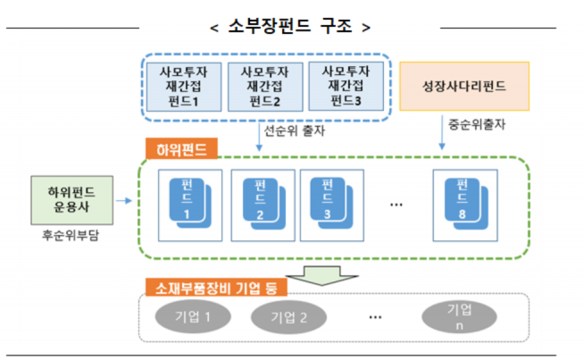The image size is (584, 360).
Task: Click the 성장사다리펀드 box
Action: pyautogui.click(x=464, y=87)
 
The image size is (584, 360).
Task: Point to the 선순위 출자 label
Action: pyautogui.click(x=296, y=130)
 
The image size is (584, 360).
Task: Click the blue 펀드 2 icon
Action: pyautogui.click(x=262, y=202)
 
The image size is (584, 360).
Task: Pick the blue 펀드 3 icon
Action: pyautogui.click(x=328, y=202)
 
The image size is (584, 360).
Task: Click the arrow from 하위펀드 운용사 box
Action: pyautogui.click(x=126, y=201)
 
